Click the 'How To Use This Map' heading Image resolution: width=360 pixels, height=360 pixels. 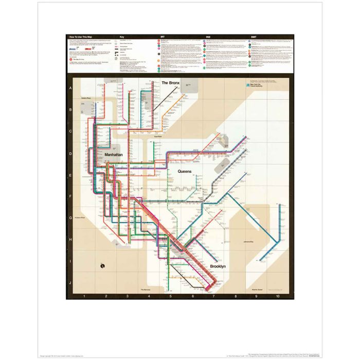pyautogui.click(x=84, y=37)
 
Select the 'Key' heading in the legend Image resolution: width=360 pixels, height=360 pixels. pyautogui.click(x=122, y=37)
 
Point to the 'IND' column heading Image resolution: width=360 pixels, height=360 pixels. pyautogui.click(x=208, y=37)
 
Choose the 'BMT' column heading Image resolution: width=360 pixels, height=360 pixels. pyautogui.click(x=254, y=37)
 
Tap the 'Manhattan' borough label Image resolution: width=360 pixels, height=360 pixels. pyautogui.click(x=114, y=154)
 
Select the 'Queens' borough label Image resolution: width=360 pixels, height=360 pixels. pyautogui.click(x=185, y=171)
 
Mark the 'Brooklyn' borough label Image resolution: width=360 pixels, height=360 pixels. pyautogui.click(x=220, y=266)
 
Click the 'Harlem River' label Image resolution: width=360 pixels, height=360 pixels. pyautogui.click(x=85, y=98)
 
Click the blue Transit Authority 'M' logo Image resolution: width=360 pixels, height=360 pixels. pyautogui.click(x=248, y=85)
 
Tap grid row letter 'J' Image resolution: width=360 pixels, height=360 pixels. pyautogui.click(x=69, y=283)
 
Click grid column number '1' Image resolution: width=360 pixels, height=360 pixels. pyautogui.click(x=84, y=296)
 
